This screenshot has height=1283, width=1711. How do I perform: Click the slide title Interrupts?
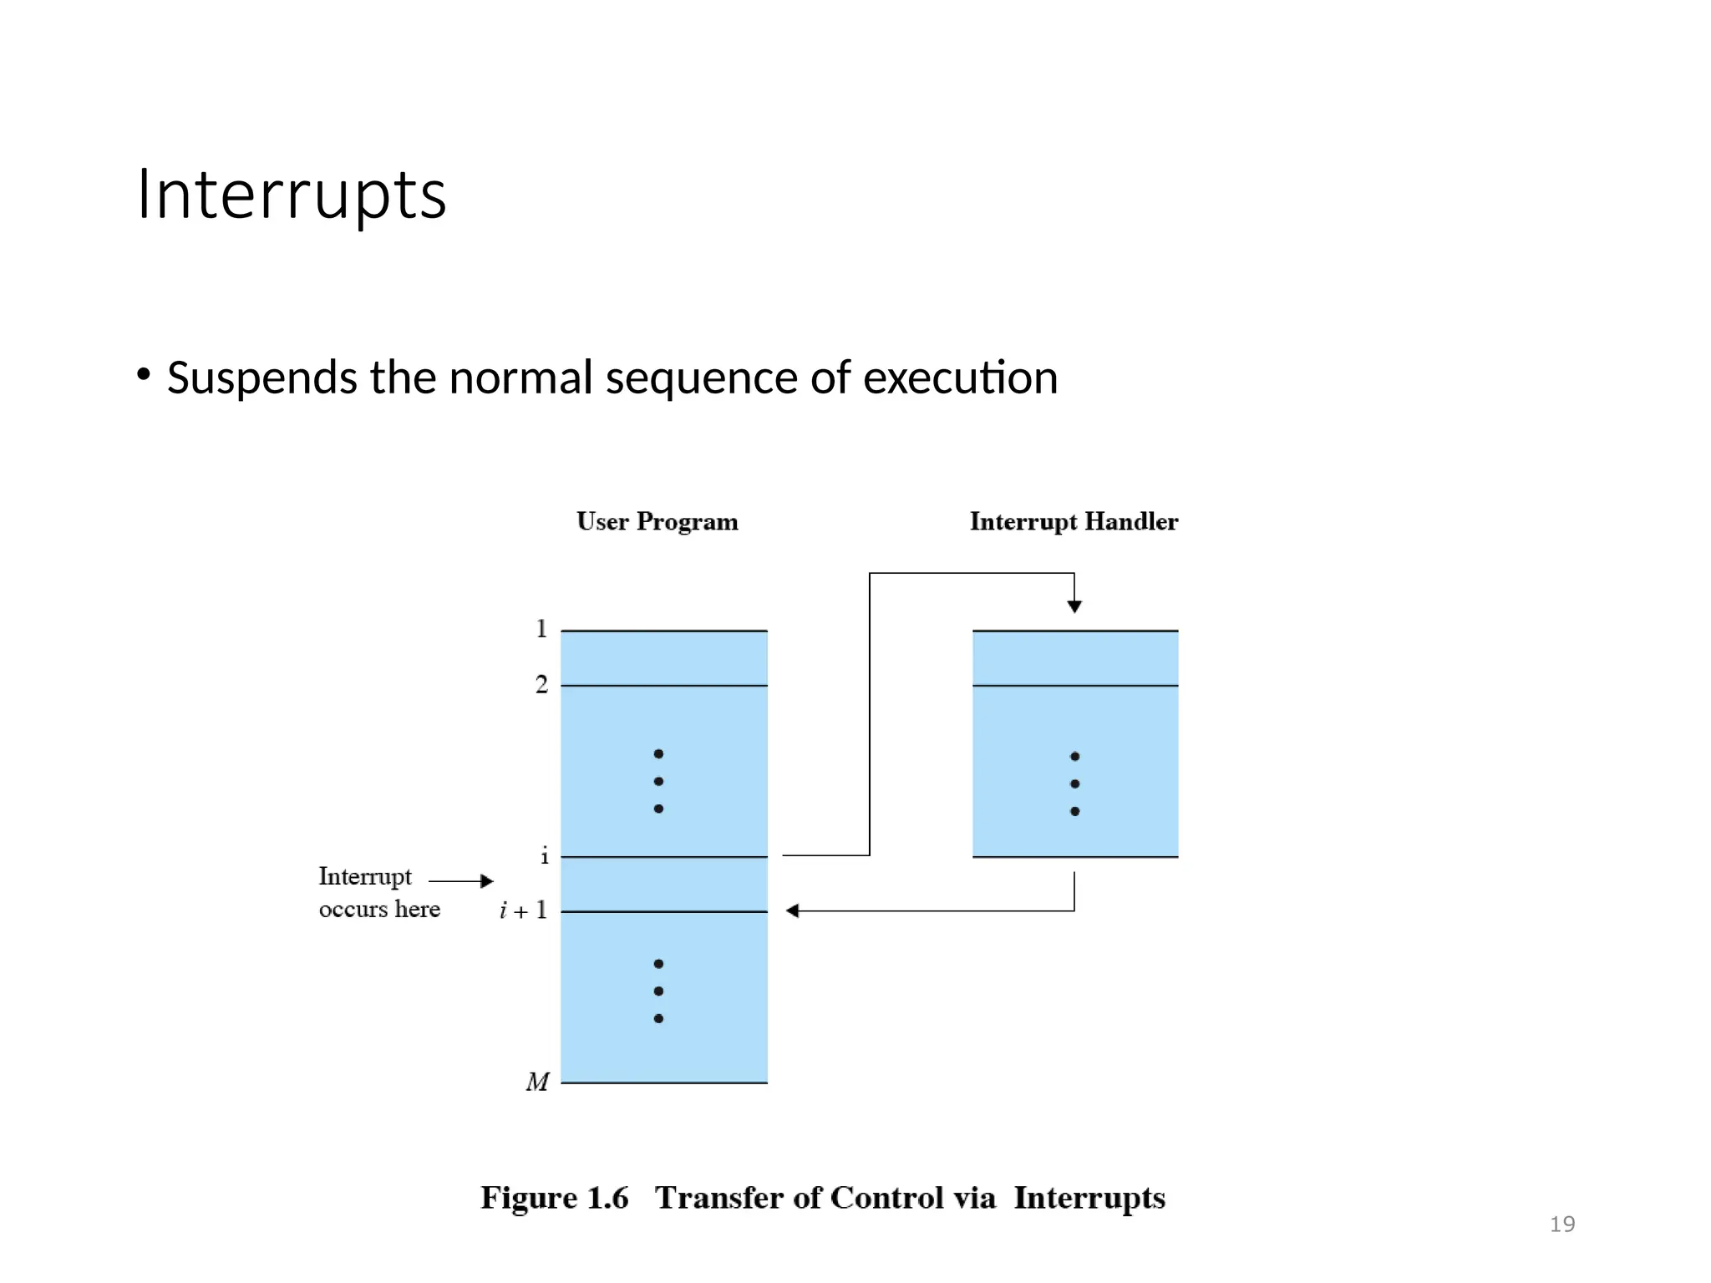coord(292,195)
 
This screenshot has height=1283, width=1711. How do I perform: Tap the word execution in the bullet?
coord(960,378)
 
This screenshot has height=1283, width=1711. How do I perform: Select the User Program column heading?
coord(657,521)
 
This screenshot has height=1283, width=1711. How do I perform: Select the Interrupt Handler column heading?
coord(1074,521)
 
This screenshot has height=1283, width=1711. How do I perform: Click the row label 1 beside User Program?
coord(541,628)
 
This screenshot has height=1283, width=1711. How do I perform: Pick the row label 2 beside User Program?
coord(541,684)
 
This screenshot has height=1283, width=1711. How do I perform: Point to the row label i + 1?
coord(524,910)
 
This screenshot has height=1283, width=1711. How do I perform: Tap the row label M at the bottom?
coord(538,1082)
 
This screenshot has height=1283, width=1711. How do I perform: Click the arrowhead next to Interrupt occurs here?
coord(487,880)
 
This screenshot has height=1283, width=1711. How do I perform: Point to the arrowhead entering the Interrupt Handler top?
coord(1074,606)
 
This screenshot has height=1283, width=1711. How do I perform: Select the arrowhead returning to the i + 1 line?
coord(793,910)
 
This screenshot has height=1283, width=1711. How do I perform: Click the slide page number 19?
coord(1561,1225)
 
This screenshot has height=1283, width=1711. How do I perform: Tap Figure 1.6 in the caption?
coord(554,1198)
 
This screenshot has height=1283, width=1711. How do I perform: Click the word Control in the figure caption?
coord(886,1198)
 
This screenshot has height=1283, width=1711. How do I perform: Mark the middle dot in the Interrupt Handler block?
coord(1074,783)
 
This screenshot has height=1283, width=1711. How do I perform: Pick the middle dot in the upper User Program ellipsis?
coord(658,781)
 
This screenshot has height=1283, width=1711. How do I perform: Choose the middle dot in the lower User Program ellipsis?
coord(658,991)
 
